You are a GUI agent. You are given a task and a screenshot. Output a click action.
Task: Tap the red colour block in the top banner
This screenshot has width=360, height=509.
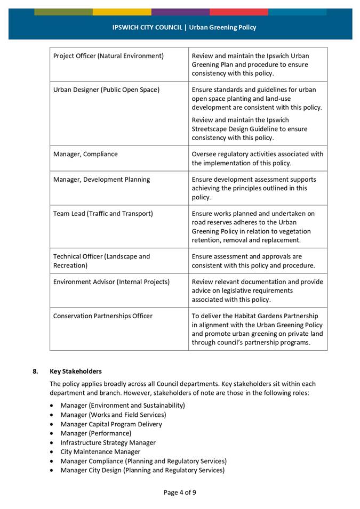pos(238,12)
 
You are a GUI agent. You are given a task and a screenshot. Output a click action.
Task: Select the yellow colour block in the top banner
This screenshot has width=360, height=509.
pos(122,12)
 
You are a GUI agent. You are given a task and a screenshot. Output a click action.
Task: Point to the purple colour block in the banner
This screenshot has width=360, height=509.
pos(180,12)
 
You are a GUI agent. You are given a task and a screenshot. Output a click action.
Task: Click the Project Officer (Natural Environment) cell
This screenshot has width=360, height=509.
pos(108,56)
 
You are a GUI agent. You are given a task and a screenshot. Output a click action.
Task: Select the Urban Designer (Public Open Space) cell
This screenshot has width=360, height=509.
pos(106,90)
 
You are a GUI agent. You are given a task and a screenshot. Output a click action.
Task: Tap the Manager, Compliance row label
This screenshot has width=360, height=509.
pos(85,154)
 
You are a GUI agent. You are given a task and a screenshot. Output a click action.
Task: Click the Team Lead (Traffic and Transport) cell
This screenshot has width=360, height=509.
pos(103,214)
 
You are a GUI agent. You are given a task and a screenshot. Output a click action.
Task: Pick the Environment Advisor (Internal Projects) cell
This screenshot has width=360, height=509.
pos(111,282)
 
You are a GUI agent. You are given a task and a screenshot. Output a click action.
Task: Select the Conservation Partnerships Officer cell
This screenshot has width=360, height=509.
pos(102,316)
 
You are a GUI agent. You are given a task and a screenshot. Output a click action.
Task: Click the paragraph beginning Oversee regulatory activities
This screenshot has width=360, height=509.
pos(257,159)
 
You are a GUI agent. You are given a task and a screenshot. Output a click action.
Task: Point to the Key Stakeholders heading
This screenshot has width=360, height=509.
pos(75,371)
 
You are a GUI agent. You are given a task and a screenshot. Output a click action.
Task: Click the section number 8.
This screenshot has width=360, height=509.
pos(36,371)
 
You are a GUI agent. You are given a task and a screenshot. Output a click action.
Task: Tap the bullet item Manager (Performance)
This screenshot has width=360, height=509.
pos(95,433)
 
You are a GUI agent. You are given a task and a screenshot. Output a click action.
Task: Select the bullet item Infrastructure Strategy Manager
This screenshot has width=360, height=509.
pos(108,442)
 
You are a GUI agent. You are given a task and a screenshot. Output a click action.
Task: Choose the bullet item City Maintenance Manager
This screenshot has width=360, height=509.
pos(100,452)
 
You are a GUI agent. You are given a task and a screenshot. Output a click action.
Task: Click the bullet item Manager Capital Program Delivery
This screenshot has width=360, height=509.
pos(111,424)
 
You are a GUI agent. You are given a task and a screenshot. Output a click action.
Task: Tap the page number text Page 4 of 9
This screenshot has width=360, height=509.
pos(180,492)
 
